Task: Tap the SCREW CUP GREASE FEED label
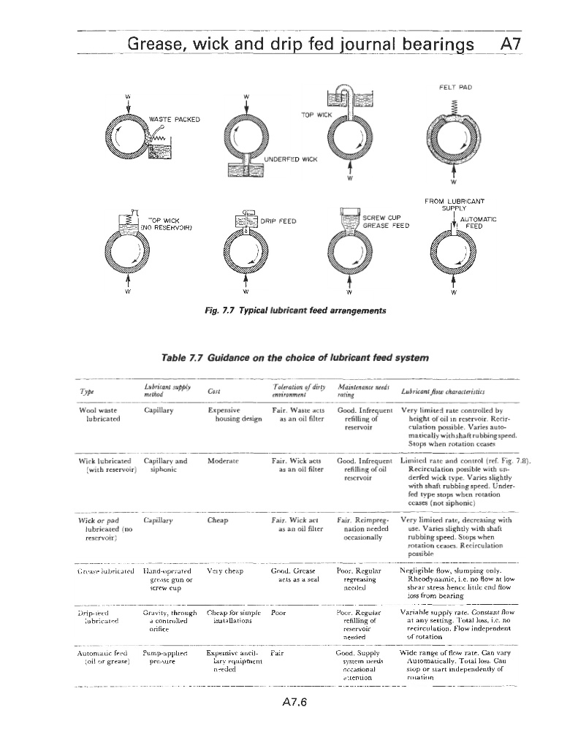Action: coord(386,221)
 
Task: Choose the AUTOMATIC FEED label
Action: coord(480,223)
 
